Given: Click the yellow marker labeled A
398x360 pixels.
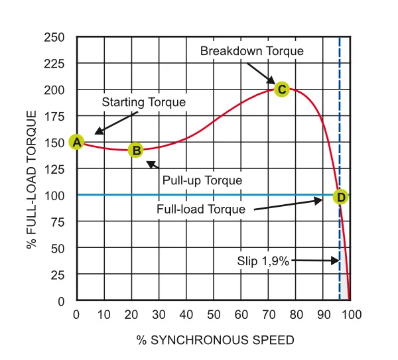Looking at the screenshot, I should tap(76, 142).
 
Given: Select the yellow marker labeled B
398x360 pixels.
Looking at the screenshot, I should tap(135, 150).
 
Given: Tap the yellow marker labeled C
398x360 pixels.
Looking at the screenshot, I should tap(281, 90).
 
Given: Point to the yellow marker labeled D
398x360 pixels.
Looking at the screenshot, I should tap(340, 197).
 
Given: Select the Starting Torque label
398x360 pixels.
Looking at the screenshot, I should tap(143, 103).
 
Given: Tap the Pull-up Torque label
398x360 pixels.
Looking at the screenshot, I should tap(202, 180).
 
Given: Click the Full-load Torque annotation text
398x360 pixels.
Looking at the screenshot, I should tap(201, 209).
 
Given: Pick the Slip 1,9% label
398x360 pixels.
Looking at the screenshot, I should tap(263, 261).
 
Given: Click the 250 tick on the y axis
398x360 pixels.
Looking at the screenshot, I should tap(57, 37).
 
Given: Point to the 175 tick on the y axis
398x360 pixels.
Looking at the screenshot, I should tap(57, 116).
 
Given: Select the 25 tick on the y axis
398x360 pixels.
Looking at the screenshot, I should tap(60, 274).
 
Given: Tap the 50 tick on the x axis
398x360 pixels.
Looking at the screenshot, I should tap(214, 314).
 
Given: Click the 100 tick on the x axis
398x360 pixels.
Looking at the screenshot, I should tap(350, 314).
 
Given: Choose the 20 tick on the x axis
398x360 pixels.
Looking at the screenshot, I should tap(131, 314).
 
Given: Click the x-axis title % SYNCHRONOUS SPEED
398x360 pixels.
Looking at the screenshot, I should tap(215, 340).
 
